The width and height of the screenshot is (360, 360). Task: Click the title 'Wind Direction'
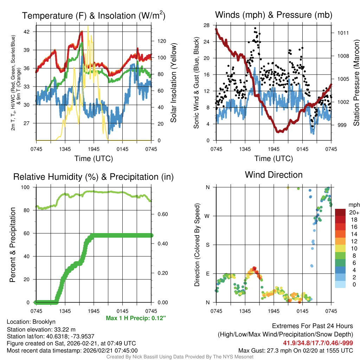[x=274, y=175]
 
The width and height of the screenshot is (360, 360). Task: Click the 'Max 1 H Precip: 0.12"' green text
[x=136, y=318]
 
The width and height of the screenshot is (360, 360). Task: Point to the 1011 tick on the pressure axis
[x=343, y=33]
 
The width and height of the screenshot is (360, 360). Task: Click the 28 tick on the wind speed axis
[x=206, y=25]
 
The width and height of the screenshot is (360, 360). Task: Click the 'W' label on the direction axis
[x=207, y=216]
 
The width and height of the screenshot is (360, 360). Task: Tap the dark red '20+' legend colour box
[x=340, y=212]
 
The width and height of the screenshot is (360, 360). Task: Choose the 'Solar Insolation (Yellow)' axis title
[x=173, y=83]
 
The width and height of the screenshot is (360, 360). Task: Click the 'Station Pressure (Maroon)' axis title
[x=356, y=83]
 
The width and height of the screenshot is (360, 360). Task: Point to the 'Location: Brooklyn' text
[x=31, y=322]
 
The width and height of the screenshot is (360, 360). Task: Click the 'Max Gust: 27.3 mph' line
[x=296, y=350]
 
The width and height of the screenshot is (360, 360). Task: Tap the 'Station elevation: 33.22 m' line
[x=41, y=329]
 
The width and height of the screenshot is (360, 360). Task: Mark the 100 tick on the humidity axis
[x=28, y=187]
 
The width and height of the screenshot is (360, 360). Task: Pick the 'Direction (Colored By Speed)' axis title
[x=197, y=245]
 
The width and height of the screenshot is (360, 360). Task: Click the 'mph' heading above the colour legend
[x=353, y=205]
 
